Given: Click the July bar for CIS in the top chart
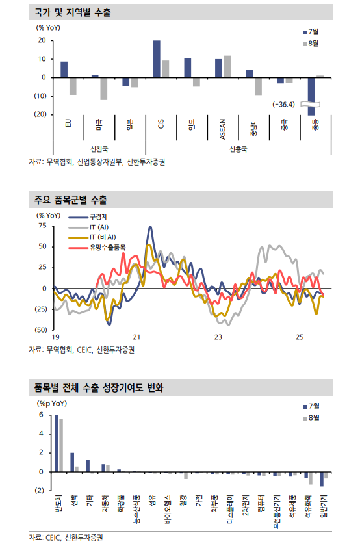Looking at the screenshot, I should coord(157,58).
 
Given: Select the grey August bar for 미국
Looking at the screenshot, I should coord(104,88).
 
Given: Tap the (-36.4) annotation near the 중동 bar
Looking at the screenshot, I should coord(285,104).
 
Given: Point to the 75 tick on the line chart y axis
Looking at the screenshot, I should coord(42,226).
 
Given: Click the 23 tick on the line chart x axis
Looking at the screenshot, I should coord(218,337).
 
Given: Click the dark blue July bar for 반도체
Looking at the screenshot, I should coord(57,443).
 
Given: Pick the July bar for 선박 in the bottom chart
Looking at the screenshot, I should coord(72,462).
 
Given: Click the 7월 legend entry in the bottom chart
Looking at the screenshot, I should coord(313,406).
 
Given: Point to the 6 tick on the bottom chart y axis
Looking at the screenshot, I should coord(41,415).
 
